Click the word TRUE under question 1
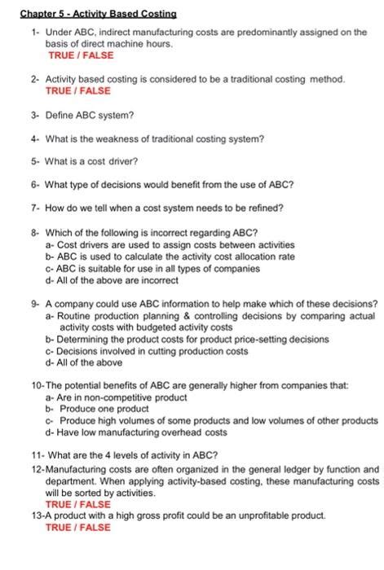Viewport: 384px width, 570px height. point(62,55)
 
